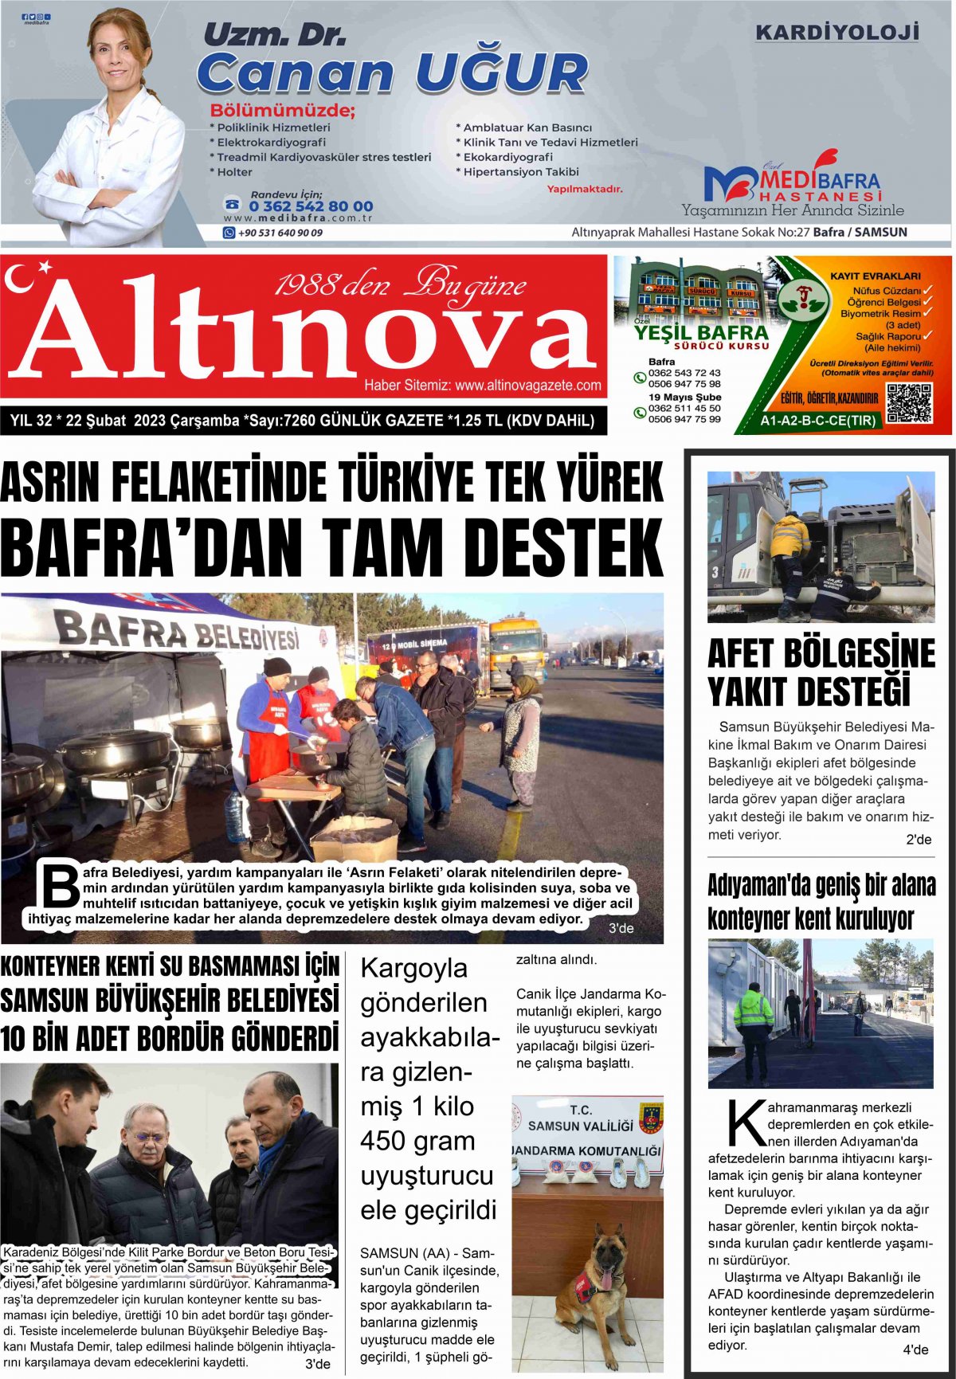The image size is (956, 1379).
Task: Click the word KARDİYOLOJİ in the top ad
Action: coord(836,33)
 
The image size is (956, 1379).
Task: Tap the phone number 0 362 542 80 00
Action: coord(311,206)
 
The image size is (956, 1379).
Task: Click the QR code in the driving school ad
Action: coord(909,404)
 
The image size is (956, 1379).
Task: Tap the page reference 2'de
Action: coord(918,840)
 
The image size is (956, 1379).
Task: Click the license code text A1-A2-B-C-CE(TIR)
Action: coord(818,421)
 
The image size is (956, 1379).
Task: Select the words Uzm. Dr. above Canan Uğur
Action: coord(274,35)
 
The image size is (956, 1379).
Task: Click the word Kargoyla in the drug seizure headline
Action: coord(413,969)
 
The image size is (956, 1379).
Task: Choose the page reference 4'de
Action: coord(915,1350)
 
